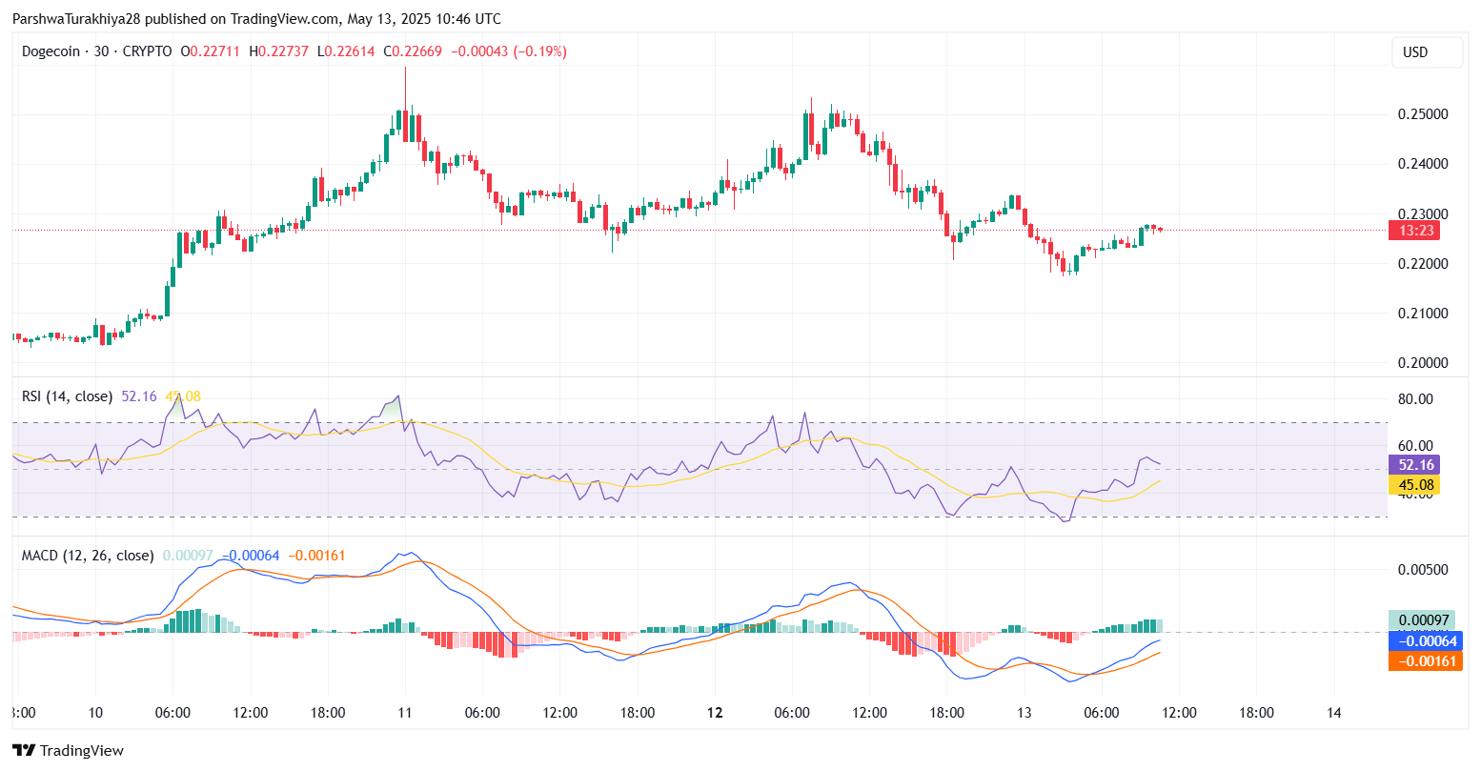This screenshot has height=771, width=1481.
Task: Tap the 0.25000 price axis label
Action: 1422,114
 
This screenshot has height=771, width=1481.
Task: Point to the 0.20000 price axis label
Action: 1422,363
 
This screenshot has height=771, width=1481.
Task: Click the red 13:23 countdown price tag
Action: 1413,230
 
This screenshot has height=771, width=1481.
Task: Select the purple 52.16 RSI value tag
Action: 1414,465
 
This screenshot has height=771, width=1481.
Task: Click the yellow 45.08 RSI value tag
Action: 1414,485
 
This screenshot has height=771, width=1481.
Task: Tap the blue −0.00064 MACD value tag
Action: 1425,640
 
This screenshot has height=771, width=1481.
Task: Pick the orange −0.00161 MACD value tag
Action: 1425,660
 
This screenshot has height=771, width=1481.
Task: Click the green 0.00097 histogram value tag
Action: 1421,620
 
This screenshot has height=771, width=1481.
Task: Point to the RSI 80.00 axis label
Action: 1415,399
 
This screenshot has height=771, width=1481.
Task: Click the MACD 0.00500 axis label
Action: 1422,570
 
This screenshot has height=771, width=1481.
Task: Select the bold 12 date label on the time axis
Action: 715,713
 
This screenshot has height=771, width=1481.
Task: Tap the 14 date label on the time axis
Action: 1334,713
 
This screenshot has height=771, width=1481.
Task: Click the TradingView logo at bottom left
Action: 68,751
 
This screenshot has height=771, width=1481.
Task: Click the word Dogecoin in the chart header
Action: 51,51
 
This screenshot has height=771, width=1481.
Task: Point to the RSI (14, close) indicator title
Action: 67,396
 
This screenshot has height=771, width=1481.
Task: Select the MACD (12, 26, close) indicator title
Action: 88,555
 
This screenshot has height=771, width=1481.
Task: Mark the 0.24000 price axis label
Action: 1422,164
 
